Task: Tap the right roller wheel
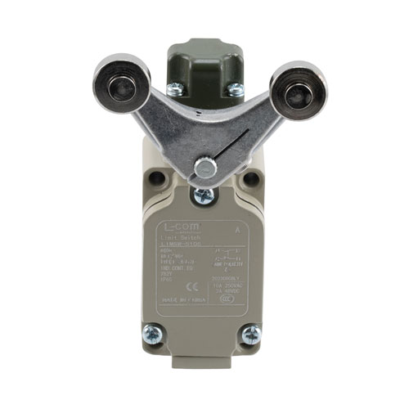point(290,88)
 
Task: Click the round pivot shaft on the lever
point(204,168)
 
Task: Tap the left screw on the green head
point(173,89)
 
